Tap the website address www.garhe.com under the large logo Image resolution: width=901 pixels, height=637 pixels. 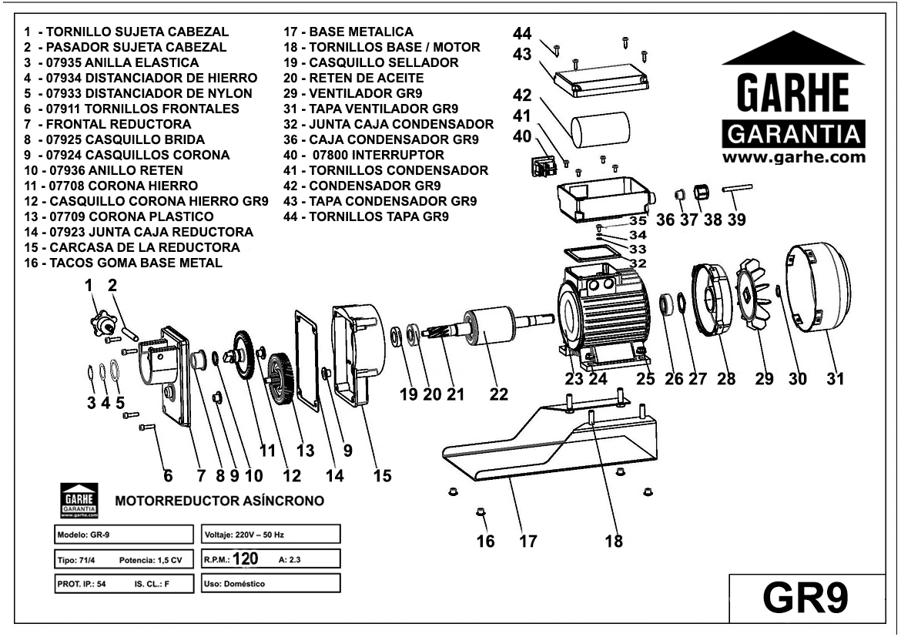point(793,157)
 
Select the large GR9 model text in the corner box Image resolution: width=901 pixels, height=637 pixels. point(805,597)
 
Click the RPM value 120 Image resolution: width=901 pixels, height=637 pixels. point(245,558)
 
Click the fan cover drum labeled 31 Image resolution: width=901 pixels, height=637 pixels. point(818,287)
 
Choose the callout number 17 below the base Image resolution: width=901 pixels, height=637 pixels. point(528,541)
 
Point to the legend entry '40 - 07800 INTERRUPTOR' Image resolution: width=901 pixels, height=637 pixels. point(374,155)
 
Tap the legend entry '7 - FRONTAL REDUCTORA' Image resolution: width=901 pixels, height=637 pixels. point(108,124)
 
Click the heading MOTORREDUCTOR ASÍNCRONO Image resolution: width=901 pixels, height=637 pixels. point(219,501)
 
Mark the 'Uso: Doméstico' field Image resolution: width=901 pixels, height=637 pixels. point(270,583)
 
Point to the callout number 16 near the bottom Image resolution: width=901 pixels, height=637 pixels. point(485,541)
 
